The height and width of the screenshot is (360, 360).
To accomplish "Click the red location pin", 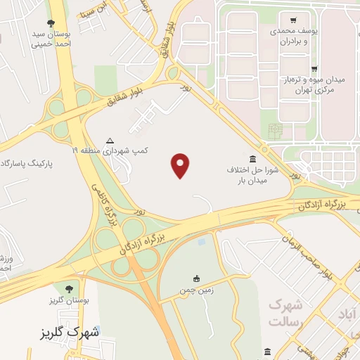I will click(181, 165).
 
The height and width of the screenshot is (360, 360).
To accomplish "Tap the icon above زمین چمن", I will click(196, 278).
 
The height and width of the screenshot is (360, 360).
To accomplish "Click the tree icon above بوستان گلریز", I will click(68, 288).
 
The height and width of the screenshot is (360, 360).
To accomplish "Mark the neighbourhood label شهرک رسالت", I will click(285, 314).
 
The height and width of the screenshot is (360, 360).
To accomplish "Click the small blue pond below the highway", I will click(203, 241).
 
